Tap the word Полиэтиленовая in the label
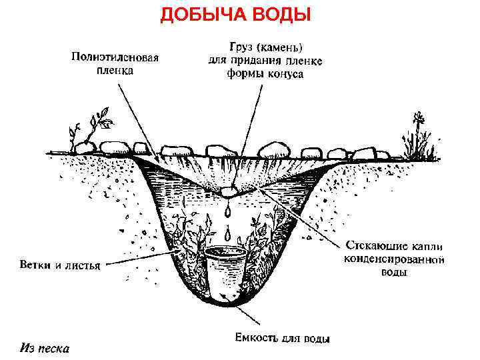coord(115,57)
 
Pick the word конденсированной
coord(394,258)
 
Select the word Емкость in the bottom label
coord(257,338)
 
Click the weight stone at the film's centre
coord(229,192)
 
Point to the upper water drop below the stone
coord(227,212)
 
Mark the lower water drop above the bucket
coord(228,234)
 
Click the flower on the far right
coord(419,121)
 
